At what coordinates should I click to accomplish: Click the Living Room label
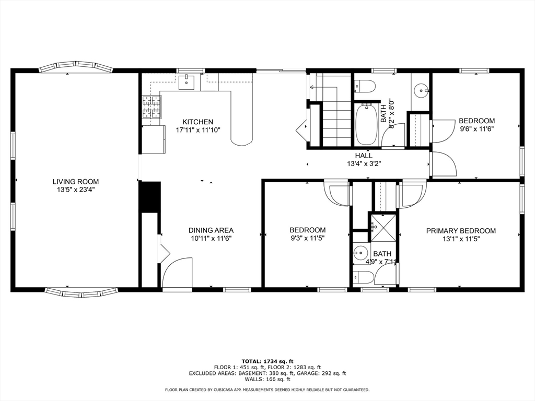75,182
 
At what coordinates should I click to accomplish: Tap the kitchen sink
187,82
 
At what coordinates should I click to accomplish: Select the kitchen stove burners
152,107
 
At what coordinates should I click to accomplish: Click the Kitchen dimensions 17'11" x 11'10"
198,130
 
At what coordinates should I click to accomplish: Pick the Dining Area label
211,230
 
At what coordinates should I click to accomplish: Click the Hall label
364,156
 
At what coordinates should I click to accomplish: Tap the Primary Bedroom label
461,231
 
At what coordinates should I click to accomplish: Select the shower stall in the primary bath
383,227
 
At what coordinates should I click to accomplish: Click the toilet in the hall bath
365,86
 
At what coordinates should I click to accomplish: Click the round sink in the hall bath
421,91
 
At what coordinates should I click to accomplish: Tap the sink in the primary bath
360,253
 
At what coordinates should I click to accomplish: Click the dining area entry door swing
177,273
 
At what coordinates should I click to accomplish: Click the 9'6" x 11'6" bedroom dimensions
476,129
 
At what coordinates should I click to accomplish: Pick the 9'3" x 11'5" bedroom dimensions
307,238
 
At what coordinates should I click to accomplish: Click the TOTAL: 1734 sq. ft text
267,361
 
